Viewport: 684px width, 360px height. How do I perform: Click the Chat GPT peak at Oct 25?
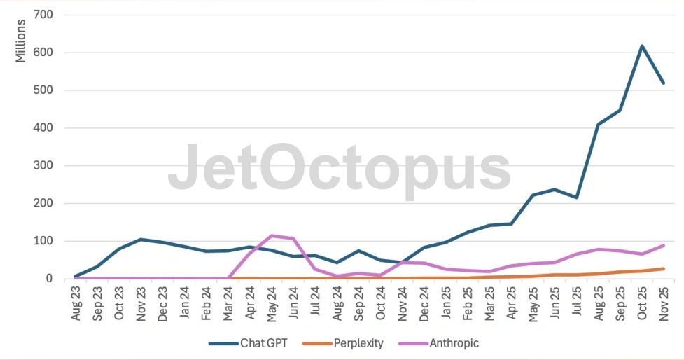click(x=641, y=46)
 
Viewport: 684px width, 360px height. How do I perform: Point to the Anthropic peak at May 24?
click(x=271, y=236)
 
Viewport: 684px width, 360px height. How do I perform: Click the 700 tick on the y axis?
click(x=53, y=15)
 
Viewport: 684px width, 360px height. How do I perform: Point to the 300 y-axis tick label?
click(x=53, y=166)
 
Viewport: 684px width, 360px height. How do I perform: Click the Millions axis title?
click(x=21, y=41)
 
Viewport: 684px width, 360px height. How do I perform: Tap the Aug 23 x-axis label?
click(x=76, y=305)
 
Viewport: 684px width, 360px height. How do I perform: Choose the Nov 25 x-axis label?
click(x=663, y=305)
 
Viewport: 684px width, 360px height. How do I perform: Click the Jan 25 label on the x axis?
click(x=445, y=305)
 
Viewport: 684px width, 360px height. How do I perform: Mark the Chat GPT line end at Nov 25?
click(x=663, y=83)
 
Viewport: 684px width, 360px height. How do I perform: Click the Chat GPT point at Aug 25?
click(x=598, y=125)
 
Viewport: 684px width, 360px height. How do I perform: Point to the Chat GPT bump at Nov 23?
click(x=141, y=240)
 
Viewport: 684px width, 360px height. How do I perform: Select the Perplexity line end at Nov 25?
click(x=663, y=268)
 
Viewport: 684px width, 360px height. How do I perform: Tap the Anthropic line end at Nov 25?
click(x=663, y=246)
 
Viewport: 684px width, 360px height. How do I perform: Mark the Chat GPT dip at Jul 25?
click(x=576, y=198)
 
